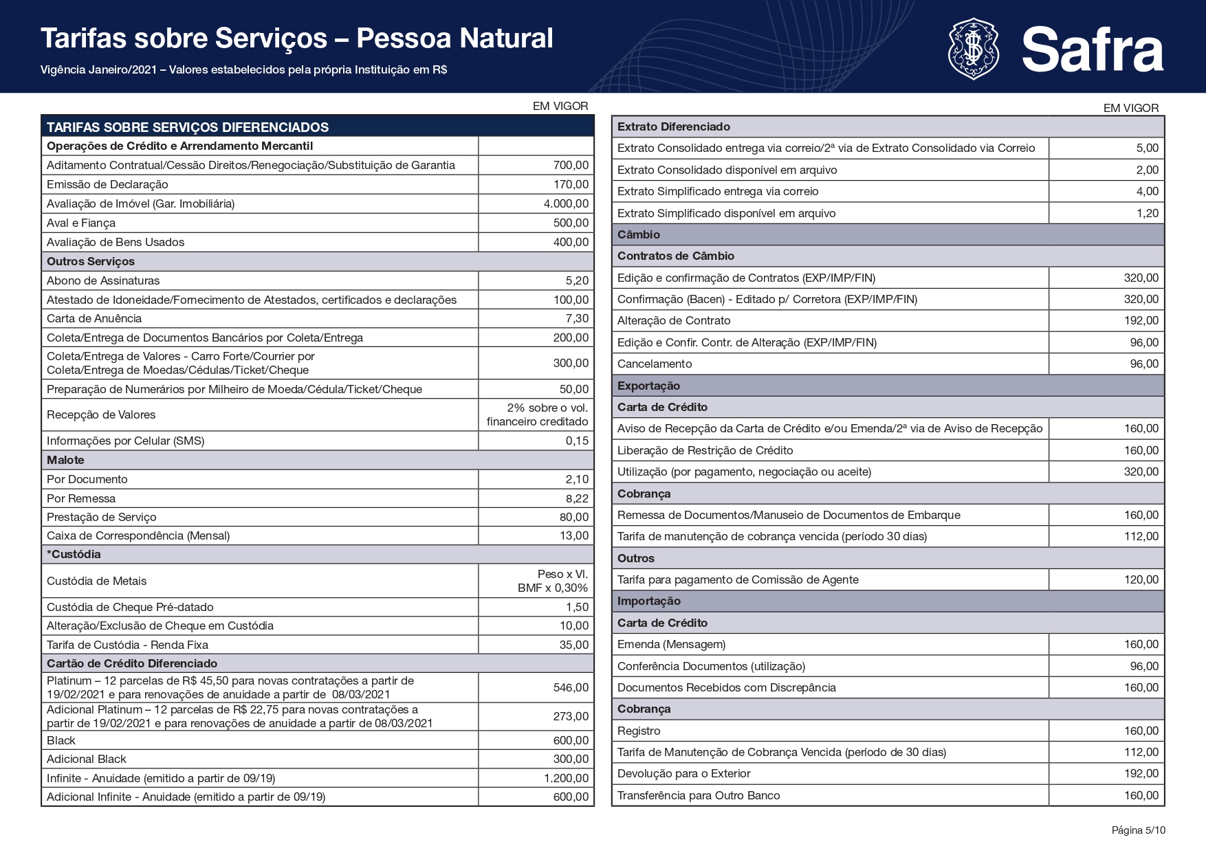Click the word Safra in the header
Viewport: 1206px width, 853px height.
(x=1092, y=49)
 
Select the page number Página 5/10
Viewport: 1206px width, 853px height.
(x=1138, y=830)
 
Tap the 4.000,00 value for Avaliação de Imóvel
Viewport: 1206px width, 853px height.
(x=566, y=203)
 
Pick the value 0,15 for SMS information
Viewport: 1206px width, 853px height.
(x=577, y=441)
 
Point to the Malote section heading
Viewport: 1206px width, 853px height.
(x=66, y=460)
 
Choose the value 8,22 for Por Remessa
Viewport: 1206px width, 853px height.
(x=577, y=498)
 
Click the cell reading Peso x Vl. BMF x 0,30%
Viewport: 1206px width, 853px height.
(x=553, y=581)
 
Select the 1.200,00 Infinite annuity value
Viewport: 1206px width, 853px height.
(x=566, y=778)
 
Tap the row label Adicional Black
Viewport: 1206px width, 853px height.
(x=87, y=759)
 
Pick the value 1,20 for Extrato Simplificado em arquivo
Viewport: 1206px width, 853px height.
(x=1147, y=213)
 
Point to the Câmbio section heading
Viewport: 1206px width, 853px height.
(x=639, y=234)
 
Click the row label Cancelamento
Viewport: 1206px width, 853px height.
(x=655, y=364)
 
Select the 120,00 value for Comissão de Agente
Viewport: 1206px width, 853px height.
(x=1141, y=579)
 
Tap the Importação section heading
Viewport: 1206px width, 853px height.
(x=649, y=601)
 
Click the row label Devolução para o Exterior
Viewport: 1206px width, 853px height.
(x=683, y=773)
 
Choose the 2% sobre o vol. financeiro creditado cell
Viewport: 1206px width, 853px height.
(x=537, y=414)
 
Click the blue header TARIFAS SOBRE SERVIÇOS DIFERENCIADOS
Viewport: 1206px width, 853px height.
(x=188, y=127)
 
